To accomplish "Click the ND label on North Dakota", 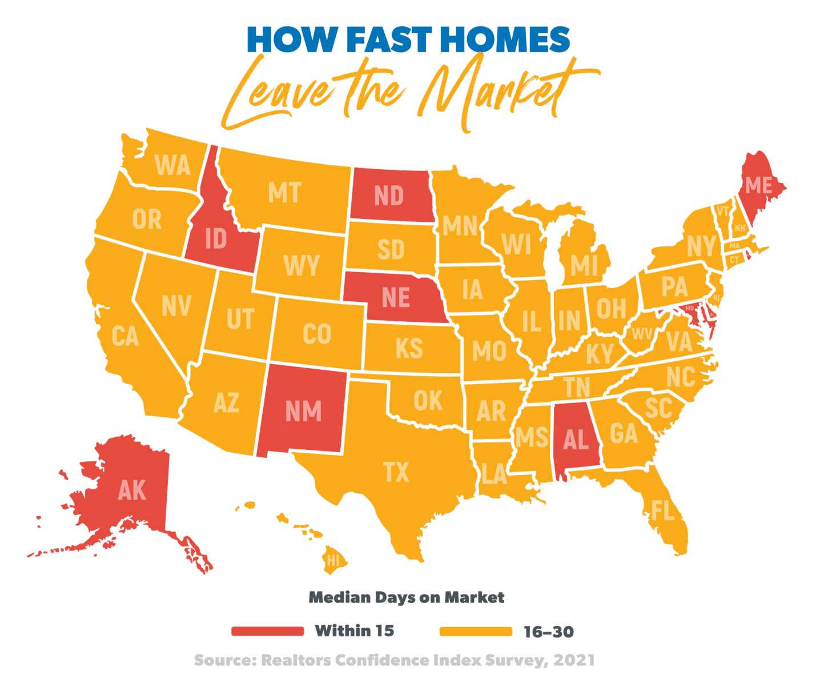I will click(389, 196).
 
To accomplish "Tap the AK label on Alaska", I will click(132, 490).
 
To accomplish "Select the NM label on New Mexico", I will click(303, 412).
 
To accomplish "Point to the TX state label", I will click(396, 473).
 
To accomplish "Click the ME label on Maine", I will click(759, 185).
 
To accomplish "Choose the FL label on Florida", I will click(662, 510).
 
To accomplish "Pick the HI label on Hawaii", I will click(333, 561).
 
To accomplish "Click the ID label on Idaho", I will click(216, 240).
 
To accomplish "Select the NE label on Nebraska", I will click(396, 298).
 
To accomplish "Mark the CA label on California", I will click(125, 336).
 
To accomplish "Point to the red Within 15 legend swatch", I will click(267, 631).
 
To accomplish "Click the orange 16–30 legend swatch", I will click(476, 631).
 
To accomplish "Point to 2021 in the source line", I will click(574, 660).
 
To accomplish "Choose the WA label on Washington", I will click(172, 166).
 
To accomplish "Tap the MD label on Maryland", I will click(689, 309).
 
